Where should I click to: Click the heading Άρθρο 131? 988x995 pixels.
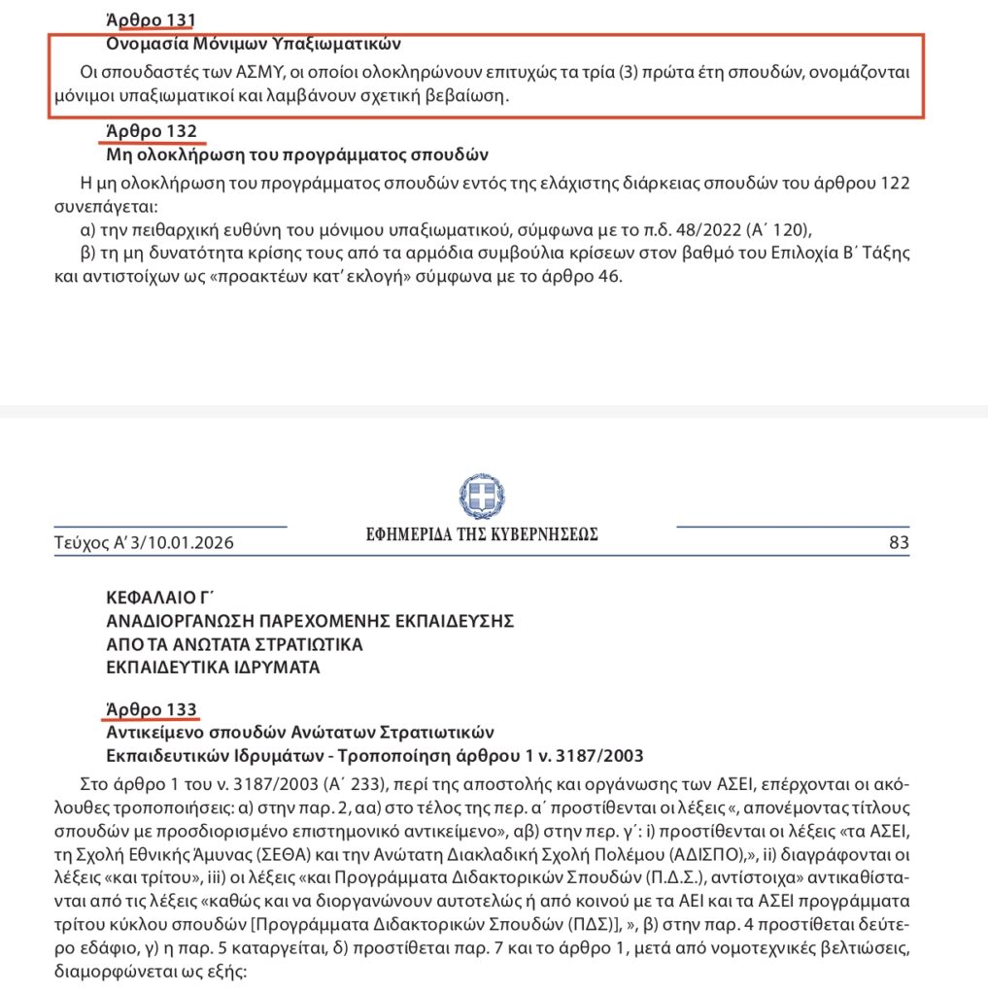coord(151,19)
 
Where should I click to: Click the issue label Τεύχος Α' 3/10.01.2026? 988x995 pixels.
coord(144,543)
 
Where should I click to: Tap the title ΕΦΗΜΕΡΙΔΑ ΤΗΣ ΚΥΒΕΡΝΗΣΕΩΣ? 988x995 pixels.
coord(482,533)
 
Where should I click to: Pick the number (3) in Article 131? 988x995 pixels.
coord(630,73)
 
